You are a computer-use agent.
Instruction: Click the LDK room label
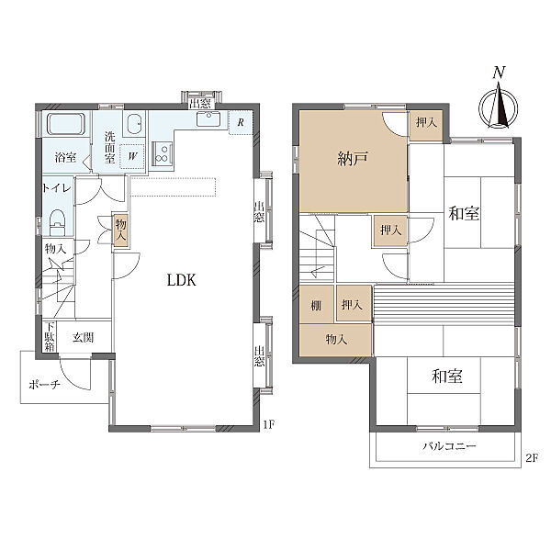point(181,280)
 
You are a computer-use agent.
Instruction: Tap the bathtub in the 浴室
point(66,124)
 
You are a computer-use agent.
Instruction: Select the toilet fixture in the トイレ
point(57,222)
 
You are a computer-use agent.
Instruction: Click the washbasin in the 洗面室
point(135,124)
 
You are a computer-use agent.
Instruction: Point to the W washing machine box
point(131,156)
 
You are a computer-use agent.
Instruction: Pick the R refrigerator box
point(241,123)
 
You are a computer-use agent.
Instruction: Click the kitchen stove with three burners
point(162,153)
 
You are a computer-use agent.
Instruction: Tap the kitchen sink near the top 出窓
point(208,118)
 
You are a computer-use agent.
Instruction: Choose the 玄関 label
point(83,338)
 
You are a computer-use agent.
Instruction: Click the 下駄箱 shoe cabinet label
point(50,336)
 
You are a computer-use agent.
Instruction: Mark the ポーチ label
point(44,385)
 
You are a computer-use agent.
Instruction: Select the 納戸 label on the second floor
point(353,159)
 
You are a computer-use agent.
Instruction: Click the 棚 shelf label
point(316,306)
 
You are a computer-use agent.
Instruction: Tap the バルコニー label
point(449,446)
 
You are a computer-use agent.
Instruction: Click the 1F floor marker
point(268,425)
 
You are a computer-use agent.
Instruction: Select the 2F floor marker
point(532,458)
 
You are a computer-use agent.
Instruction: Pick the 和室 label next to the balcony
point(446,376)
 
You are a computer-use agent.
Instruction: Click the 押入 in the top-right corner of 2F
point(426,122)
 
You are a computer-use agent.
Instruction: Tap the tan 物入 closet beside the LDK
point(121,230)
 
